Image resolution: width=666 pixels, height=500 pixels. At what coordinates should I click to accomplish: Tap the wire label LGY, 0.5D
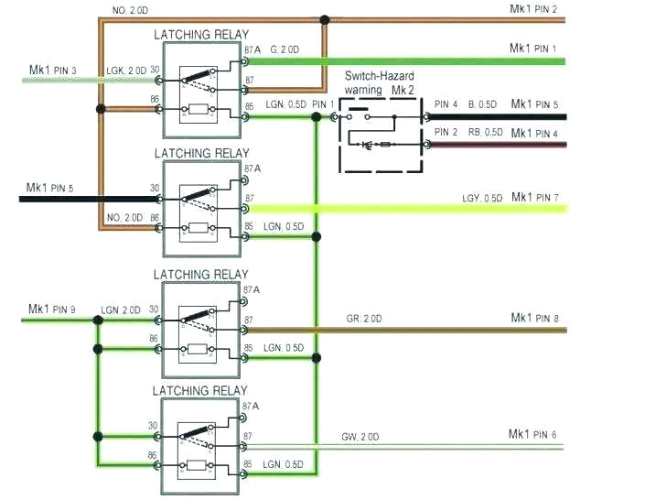[482, 199]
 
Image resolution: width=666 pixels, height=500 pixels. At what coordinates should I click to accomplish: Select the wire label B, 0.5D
[486, 104]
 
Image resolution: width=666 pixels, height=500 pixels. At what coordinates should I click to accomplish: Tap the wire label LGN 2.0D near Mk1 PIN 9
[121, 310]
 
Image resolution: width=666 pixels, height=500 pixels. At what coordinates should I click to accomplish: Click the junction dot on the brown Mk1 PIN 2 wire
[324, 19]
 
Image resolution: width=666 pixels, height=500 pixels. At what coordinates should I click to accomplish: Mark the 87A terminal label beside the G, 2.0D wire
[252, 51]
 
